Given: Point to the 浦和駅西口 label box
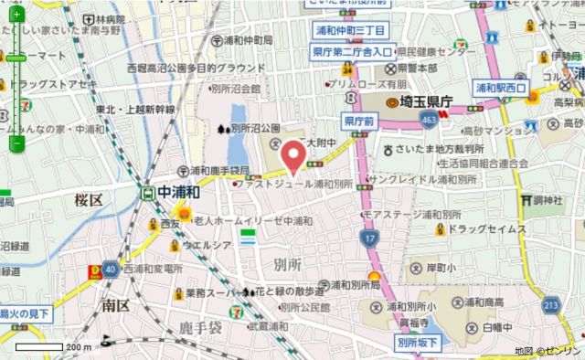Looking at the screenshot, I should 501,89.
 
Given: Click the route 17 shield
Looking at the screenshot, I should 367,238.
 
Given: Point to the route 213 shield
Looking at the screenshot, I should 549,303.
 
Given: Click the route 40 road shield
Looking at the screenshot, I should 110,269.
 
